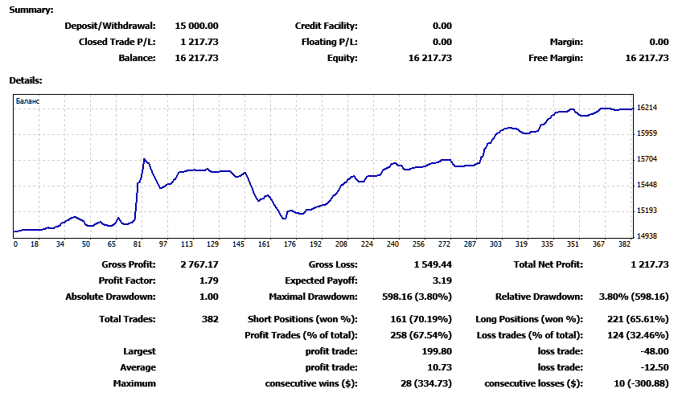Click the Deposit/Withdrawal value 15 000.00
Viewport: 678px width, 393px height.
[x=196, y=26]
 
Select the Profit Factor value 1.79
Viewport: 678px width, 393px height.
[x=209, y=280]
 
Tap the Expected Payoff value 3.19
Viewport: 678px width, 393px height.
[x=442, y=280]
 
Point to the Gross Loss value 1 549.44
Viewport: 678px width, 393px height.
[x=433, y=264]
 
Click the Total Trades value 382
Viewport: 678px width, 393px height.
[x=210, y=319]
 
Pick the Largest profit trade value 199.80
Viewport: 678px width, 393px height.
[x=437, y=351]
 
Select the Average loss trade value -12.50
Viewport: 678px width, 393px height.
[x=655, y=367]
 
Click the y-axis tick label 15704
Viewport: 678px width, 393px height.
[x=647, y=159]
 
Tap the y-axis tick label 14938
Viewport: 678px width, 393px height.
[x=647, y=236]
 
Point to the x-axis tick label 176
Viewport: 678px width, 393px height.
[x=290, y=244]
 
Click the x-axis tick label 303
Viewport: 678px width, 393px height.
[x=495, y=244]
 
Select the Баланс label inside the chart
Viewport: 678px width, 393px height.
[x=27, y=101]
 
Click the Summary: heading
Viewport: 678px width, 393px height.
[x=31, y=10]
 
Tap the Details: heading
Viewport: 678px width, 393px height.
[x=26, y=80]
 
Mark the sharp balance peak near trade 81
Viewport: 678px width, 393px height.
[x=145, y=159]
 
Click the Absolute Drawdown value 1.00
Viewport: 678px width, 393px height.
[x=209, y=297]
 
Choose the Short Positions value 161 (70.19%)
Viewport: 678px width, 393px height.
[x=421, y=319]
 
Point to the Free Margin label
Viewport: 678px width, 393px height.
[x=556, y=58]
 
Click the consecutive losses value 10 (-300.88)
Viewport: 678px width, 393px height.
[x=641, y=383]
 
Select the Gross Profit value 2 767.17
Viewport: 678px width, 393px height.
[x=199, y=264]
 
